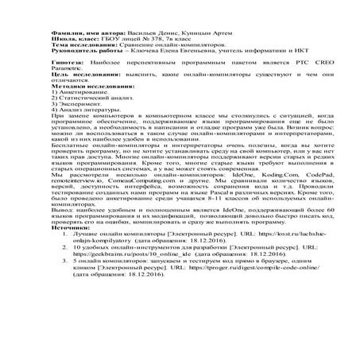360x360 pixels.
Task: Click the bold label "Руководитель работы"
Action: point(83,57)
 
